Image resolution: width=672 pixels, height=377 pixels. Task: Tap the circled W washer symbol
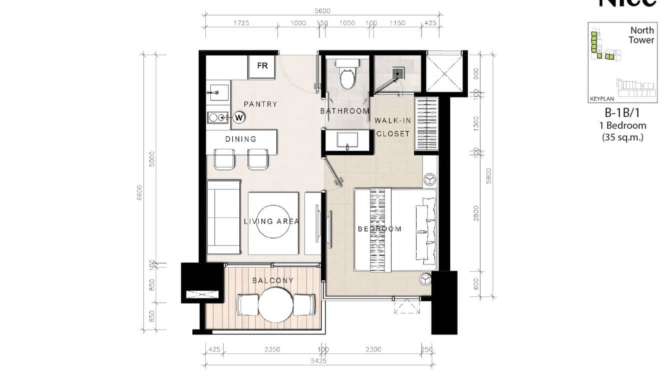(239, 117)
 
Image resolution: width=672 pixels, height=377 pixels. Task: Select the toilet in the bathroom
(347, 73)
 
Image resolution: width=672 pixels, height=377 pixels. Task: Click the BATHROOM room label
(345, 111)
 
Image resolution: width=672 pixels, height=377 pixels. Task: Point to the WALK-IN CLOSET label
(393, 127)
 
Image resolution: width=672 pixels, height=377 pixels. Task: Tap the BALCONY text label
(272, 280)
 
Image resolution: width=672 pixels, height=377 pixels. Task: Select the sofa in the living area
(224, 217)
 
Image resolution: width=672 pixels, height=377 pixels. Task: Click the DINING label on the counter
(241, 139)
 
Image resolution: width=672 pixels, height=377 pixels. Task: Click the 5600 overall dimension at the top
(322, 11)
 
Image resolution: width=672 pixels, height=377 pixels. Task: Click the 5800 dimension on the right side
(489, 175)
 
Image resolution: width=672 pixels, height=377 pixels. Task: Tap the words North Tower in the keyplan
(641, 35)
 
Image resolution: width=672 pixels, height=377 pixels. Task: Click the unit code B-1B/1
(623, 113)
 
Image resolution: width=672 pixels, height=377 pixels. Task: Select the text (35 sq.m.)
(623, 137)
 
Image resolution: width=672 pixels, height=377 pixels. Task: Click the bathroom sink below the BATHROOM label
(348, 139)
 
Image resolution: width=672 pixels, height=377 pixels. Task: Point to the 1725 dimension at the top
(241, 23)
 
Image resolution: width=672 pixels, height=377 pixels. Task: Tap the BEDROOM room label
(380, 229)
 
